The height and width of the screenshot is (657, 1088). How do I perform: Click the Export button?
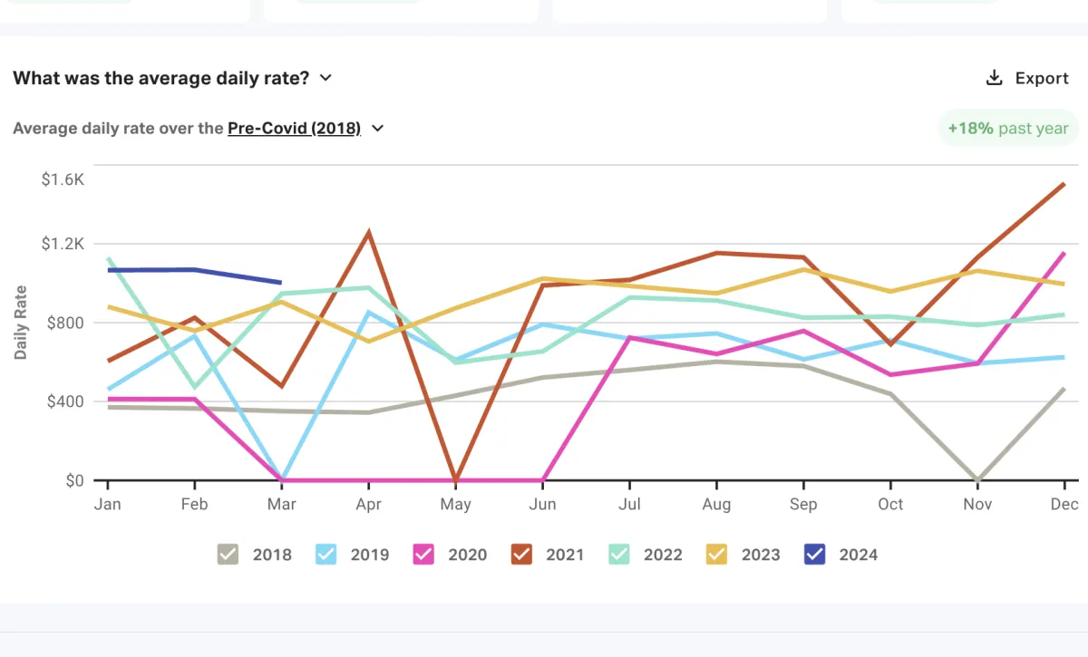coord(1027,78)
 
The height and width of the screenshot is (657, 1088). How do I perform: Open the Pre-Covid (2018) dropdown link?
coord(294,129)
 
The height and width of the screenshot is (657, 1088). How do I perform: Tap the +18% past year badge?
coord(1007,129)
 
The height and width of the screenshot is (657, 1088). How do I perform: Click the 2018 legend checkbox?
coord(228,555)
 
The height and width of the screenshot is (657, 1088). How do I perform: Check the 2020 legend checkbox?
coord(423,555)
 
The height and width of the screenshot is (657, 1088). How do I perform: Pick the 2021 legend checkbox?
coord(521,555)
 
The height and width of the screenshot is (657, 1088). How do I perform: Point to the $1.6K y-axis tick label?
coord(63,179)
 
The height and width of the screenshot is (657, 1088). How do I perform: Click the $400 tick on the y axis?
coord(63,401)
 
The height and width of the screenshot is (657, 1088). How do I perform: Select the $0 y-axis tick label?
coord(74,480)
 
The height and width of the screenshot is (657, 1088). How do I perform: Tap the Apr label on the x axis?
coord(368,505)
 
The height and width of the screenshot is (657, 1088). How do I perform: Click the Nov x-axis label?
coord(977,505)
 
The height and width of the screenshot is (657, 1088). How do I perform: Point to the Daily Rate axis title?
coord(21,323)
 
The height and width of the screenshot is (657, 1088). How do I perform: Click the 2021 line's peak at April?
coord(368,232)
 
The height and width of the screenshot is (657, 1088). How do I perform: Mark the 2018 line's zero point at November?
coord(977,479)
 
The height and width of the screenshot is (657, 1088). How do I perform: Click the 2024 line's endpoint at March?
coord(280,282)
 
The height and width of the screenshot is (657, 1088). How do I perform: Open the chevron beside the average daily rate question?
coord(325,78)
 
